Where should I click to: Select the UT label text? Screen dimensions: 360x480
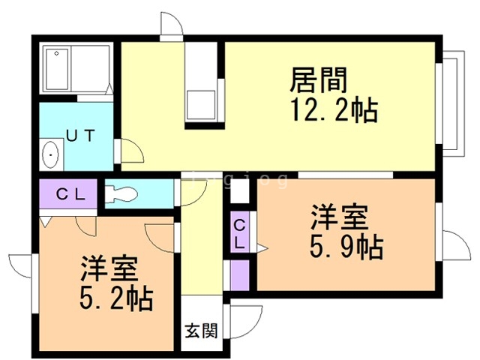pos(79,136)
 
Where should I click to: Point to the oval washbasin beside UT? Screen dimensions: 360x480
pos(51,157)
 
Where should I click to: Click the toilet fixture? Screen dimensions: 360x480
pos(120,193)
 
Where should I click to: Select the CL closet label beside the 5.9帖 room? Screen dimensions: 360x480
pos(239,233)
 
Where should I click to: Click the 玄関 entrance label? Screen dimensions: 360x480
pos(201,330)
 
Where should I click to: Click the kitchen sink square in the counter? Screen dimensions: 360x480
pos(202,103)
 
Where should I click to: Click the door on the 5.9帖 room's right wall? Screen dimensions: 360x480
pos(453,248)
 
